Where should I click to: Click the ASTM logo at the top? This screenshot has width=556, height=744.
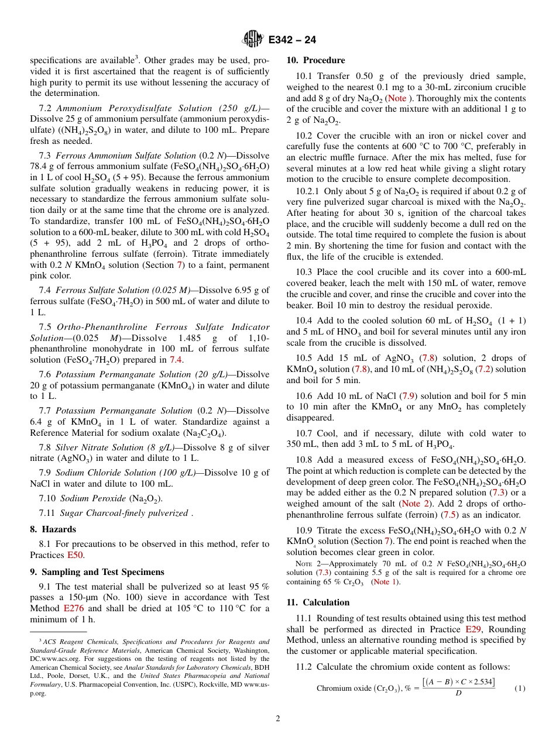point(253,39)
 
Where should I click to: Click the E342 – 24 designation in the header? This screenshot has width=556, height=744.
point(292,40)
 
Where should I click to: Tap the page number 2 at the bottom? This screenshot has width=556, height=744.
point(278,719)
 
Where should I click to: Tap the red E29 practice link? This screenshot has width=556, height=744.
point(473,630)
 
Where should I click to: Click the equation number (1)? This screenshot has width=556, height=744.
point(520,688)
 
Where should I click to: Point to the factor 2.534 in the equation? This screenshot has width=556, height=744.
point(481,682)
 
